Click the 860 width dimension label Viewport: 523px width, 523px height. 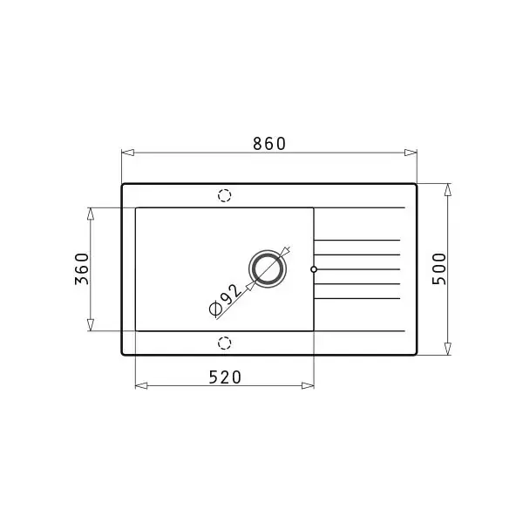pos(269,144)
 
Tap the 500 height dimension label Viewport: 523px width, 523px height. pos(439,269)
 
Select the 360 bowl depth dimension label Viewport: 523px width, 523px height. pos(82,269)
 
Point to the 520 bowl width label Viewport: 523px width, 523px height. pos(225,377)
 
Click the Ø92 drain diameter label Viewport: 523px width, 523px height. pos(226,300)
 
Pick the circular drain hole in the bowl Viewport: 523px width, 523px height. pos(268,269)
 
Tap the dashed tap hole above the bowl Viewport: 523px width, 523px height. pos(225,195)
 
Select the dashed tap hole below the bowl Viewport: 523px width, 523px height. pos(225,343)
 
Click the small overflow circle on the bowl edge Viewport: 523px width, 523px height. pos(314,269)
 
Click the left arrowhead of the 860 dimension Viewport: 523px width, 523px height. pos(128,153)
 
